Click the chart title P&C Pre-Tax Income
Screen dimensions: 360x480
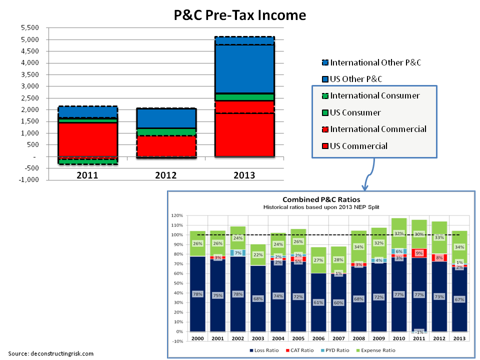[239, 15]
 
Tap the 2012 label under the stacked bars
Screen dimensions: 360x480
[165, 175]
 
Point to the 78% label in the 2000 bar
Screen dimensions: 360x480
[197, 294]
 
